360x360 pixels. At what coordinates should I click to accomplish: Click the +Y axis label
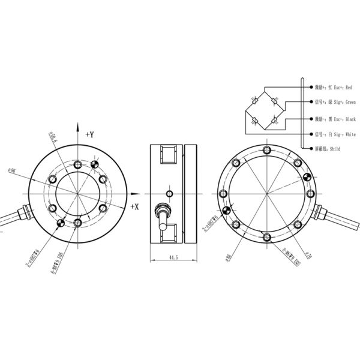coord(90,134)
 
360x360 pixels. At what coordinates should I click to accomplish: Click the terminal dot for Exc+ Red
coord(310,86)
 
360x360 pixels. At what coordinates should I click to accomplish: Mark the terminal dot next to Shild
coord(310,148)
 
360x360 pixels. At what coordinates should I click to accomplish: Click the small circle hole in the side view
coord(169,193)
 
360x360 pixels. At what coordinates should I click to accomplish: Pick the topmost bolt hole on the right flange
coord(266,151)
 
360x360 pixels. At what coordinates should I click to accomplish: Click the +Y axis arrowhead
coord(78,126)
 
